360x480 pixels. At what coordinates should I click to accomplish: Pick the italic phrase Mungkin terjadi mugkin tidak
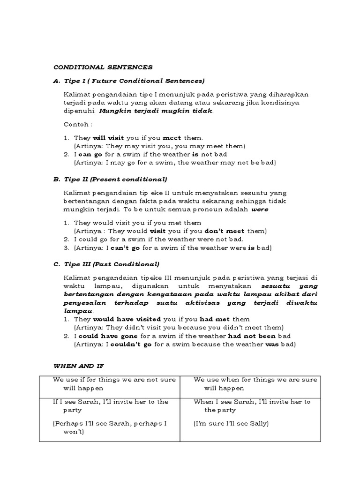pyautogui.click(x=156, y=111)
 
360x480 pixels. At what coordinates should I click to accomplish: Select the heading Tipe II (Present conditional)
pyautogui.click(x=115, y=179)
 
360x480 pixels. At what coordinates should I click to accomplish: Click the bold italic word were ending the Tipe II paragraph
pyautogui.click(x=260, y=210)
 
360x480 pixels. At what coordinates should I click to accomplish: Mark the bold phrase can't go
pyautogui.click(x=126, y=247)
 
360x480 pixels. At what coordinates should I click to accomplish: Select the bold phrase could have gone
pyautogui.click(x=108, y=336)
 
